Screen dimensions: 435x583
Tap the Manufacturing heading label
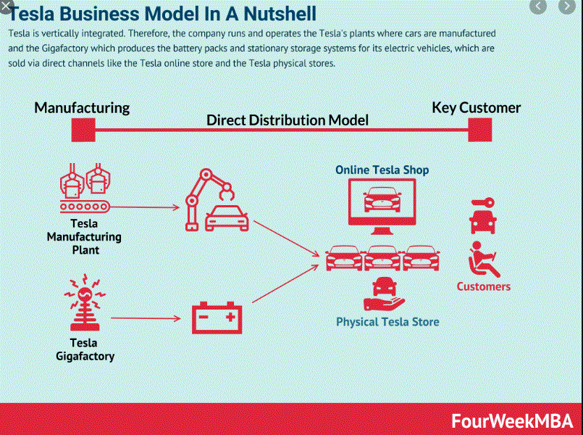[82, 108]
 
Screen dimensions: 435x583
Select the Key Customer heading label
[476, 108]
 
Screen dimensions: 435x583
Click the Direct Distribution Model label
[288, 120]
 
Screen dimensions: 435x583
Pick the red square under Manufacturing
[83, 130]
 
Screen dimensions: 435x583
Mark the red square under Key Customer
[479, 130]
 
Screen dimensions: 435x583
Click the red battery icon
[217, 318]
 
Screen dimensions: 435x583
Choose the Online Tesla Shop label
[382, 170]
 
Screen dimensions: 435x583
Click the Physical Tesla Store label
[387, 322]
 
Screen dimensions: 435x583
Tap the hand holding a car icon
[382, 295]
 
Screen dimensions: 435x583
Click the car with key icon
[483, 215]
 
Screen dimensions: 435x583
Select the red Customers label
[483, 286]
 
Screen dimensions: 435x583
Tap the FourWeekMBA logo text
[512, 421]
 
